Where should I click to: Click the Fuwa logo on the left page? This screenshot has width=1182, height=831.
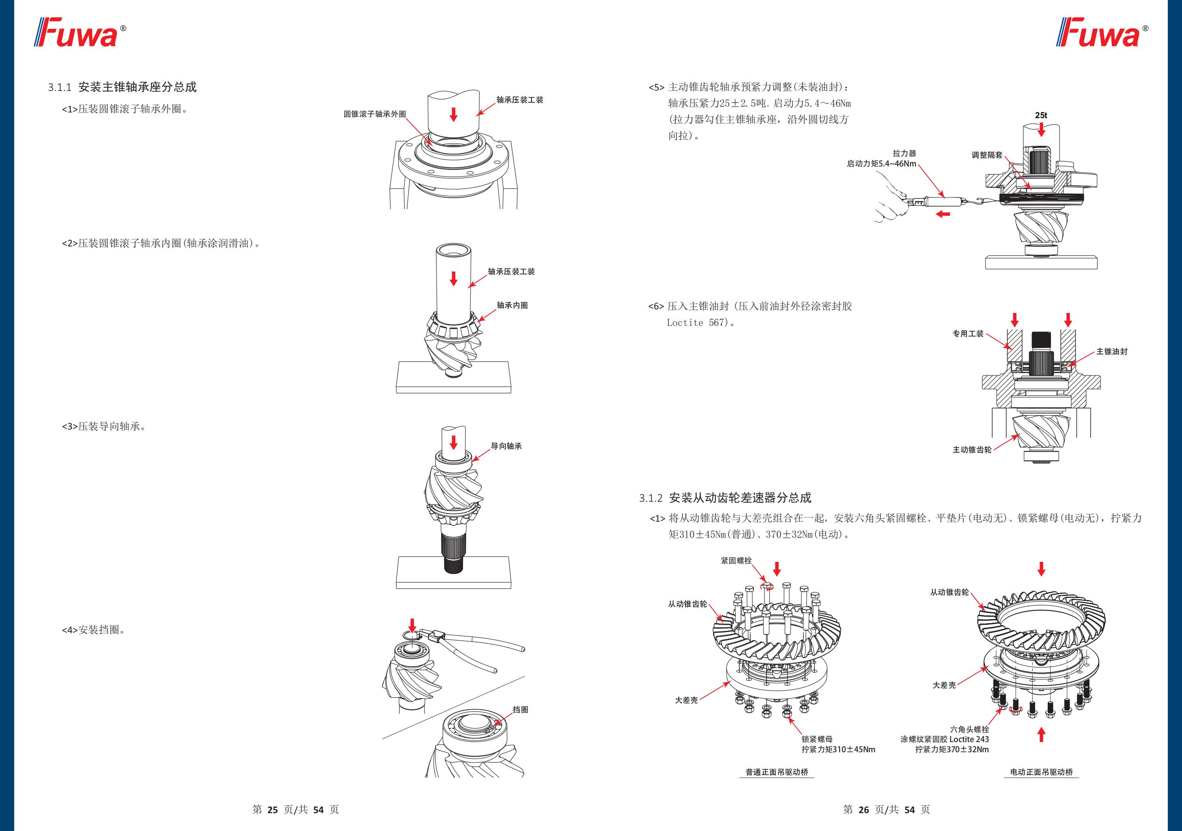[80, 33]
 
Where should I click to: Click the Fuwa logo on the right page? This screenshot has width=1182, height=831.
[1101, 33]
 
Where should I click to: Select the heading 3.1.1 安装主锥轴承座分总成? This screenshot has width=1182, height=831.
[122, 87]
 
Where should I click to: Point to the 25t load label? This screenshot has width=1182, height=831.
[1041, 115]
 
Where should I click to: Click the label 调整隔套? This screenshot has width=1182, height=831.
[987, 155]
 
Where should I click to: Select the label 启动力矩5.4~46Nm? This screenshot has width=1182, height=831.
[881, 164]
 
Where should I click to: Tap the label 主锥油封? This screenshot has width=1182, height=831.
[1111, 352]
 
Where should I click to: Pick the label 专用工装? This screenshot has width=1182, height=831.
[968, 334]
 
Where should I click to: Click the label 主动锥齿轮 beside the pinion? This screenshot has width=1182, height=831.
[972, 450]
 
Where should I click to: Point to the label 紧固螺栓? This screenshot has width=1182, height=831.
[736, 561]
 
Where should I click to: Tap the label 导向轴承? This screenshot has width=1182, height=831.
[506, 446]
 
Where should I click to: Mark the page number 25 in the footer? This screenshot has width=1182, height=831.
[272, 810]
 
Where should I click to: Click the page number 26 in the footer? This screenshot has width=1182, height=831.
[863, 810]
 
